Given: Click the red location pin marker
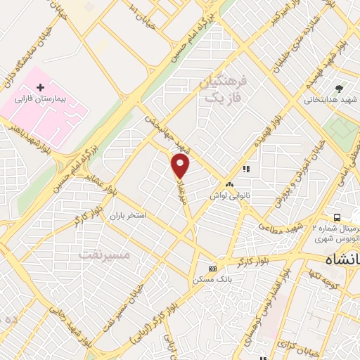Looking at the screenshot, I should pyautogui.click(x=181, y=165).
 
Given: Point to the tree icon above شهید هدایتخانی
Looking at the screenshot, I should pyautogui.click(x=340, y=89).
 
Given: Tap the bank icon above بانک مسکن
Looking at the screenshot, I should pyautogui.click(x=213, y=269).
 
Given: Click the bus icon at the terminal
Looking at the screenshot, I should pyautogui.click(x=337, y=217).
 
